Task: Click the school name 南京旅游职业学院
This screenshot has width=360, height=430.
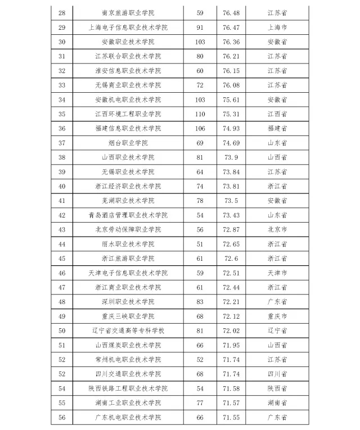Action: click(x=128, y=12)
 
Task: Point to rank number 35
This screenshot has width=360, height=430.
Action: click(x=62, y=114)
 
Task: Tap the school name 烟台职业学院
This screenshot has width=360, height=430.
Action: click(x=128, y=143)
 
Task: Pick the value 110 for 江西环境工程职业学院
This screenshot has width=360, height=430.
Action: click(x=200, y=114)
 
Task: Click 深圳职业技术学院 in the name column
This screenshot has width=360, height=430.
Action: click(x=128, y=302)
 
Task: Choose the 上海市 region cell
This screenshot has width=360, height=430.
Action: click(x=277, y=27)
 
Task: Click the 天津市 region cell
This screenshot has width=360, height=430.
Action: click(x=277, y=273)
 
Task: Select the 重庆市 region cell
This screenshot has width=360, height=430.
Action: click(x=277, y=316)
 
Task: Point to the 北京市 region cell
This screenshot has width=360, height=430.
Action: click(x=277, y=229)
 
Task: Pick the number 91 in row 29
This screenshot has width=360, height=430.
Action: click(x=200, y=27)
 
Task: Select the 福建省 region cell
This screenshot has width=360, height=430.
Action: click(x=277, y=129)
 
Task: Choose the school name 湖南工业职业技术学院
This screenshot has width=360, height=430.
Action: click(x=128, y=403)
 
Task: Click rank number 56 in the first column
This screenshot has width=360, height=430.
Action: click(x=62, y=418)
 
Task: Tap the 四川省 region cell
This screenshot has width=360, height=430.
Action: click(x=277, y=374)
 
